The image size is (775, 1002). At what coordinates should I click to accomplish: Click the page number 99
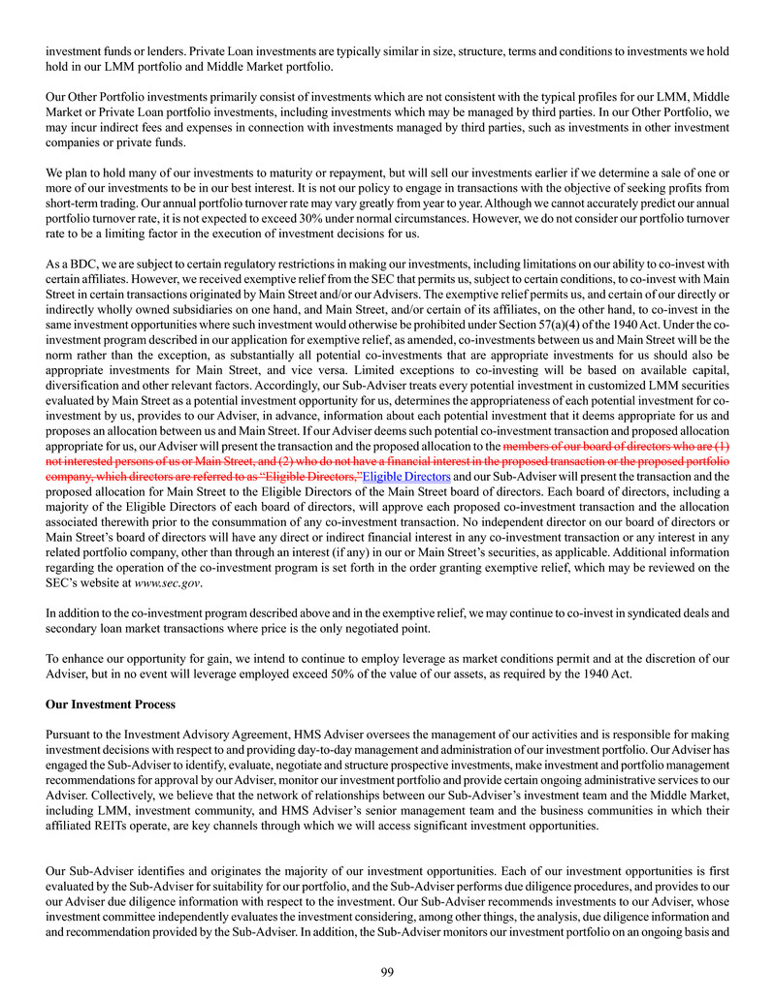coord(387,972)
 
